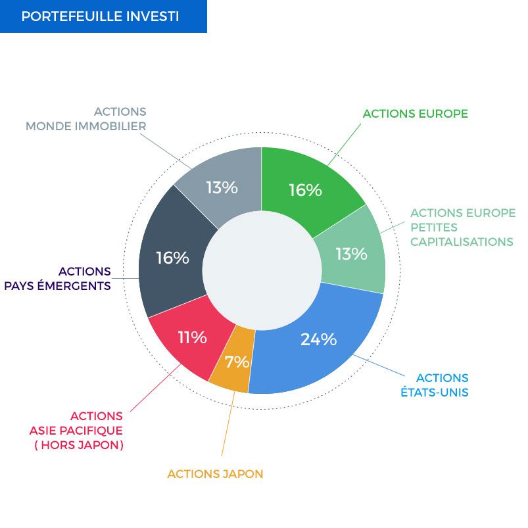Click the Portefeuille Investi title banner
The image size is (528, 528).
click(x=103, y=16)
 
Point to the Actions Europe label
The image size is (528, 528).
click(x=415, y=114)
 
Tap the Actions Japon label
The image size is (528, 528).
click(x=215, y=474)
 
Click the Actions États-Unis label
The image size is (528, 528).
click(x=435, y=385)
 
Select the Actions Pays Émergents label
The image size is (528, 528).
click(x=58, y=279)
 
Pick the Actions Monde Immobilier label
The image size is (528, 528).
click(x=86, y=119)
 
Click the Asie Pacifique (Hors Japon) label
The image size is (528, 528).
click(x=76, y=430)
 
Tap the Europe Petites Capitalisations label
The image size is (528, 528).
click(x=463, y=228)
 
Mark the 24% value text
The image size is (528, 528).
click(x=318, y=339)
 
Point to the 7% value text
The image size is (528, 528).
click(x=237, y=362)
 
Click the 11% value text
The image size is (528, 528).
click(x=192, y=337)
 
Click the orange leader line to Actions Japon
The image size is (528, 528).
click(x=228, y=424)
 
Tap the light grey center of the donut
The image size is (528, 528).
click(x=262, y=270)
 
